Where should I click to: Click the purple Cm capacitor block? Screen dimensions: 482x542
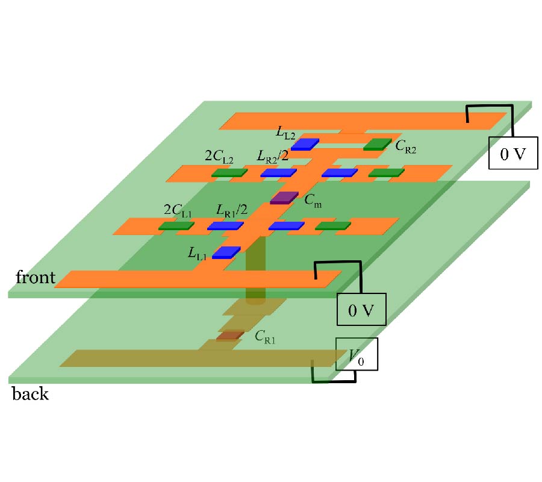pyautogui.click(x=284, y=198)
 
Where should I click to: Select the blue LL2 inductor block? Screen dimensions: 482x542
pyautogui.click(x=305, y=144)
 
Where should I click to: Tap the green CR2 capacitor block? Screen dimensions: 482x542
pyautogui.click(x=377, y=144)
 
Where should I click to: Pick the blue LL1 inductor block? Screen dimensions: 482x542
pyautogui.click(x=226, y=252)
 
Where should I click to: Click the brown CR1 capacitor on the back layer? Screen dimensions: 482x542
pyautogui.click(x=230, y=335)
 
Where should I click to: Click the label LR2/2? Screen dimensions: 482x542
pyautogui.click(x=272, y=157)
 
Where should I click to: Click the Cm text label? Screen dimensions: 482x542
pyautogui.click(x=313, y=202)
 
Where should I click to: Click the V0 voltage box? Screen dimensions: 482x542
pyautogui.click(x=357, y=354)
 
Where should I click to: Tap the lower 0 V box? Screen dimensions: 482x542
pyautogui.click(x=361, y=310)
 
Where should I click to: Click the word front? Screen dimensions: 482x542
pyautogui.click(x=36, y=278)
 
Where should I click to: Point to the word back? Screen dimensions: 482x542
pyautogui.click(x=30, y=395)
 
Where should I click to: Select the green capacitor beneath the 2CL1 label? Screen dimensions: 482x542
pyautogui.click(x=176, y=226)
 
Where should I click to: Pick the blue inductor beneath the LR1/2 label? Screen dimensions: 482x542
pyautogui.click(x=225, y=226)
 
